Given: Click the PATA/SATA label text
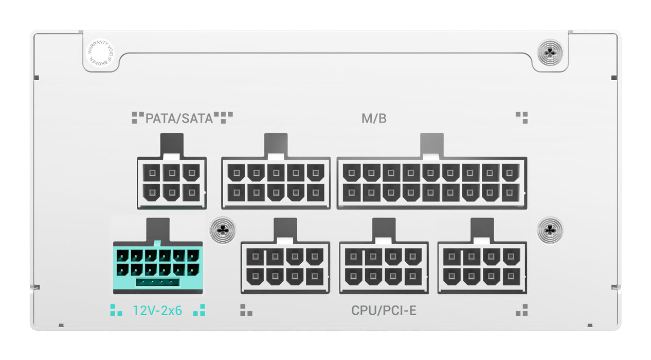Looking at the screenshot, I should tap(179, 119).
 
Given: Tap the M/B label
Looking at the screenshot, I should tap(374, 119).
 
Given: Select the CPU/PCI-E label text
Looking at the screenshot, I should tap(384, 311).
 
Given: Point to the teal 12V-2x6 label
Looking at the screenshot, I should tap(157, 311).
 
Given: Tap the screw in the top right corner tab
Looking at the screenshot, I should tap(550, 52).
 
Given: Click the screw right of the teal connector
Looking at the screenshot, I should tap(223, 230).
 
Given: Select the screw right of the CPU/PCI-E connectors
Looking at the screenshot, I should tap(550, 230).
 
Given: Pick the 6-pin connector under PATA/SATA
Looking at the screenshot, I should tap(172, 184).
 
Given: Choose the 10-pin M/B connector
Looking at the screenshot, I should tap(276, 184).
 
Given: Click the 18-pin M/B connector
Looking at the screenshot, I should tap(431, 184).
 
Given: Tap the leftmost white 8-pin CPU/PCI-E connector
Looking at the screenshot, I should tap(285, 268).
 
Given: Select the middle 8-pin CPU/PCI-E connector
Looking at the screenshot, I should tap(384, 268).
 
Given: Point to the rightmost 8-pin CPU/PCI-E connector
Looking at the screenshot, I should tap(482, 268).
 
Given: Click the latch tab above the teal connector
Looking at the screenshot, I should tap(158, 229).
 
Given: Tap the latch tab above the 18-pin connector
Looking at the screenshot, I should tap(432, 145).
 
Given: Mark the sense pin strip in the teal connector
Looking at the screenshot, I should tap(157, 282).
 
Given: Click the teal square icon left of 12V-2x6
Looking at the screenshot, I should tap(116, 310).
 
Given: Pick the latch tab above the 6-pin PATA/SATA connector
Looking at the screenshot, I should tap(172, 145).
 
